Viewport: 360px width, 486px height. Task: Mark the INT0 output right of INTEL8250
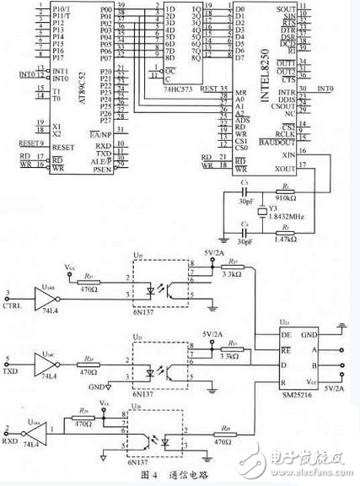325,87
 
